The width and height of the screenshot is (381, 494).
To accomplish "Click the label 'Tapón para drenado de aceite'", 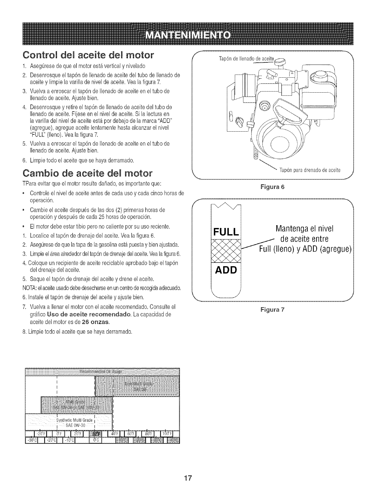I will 310,170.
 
